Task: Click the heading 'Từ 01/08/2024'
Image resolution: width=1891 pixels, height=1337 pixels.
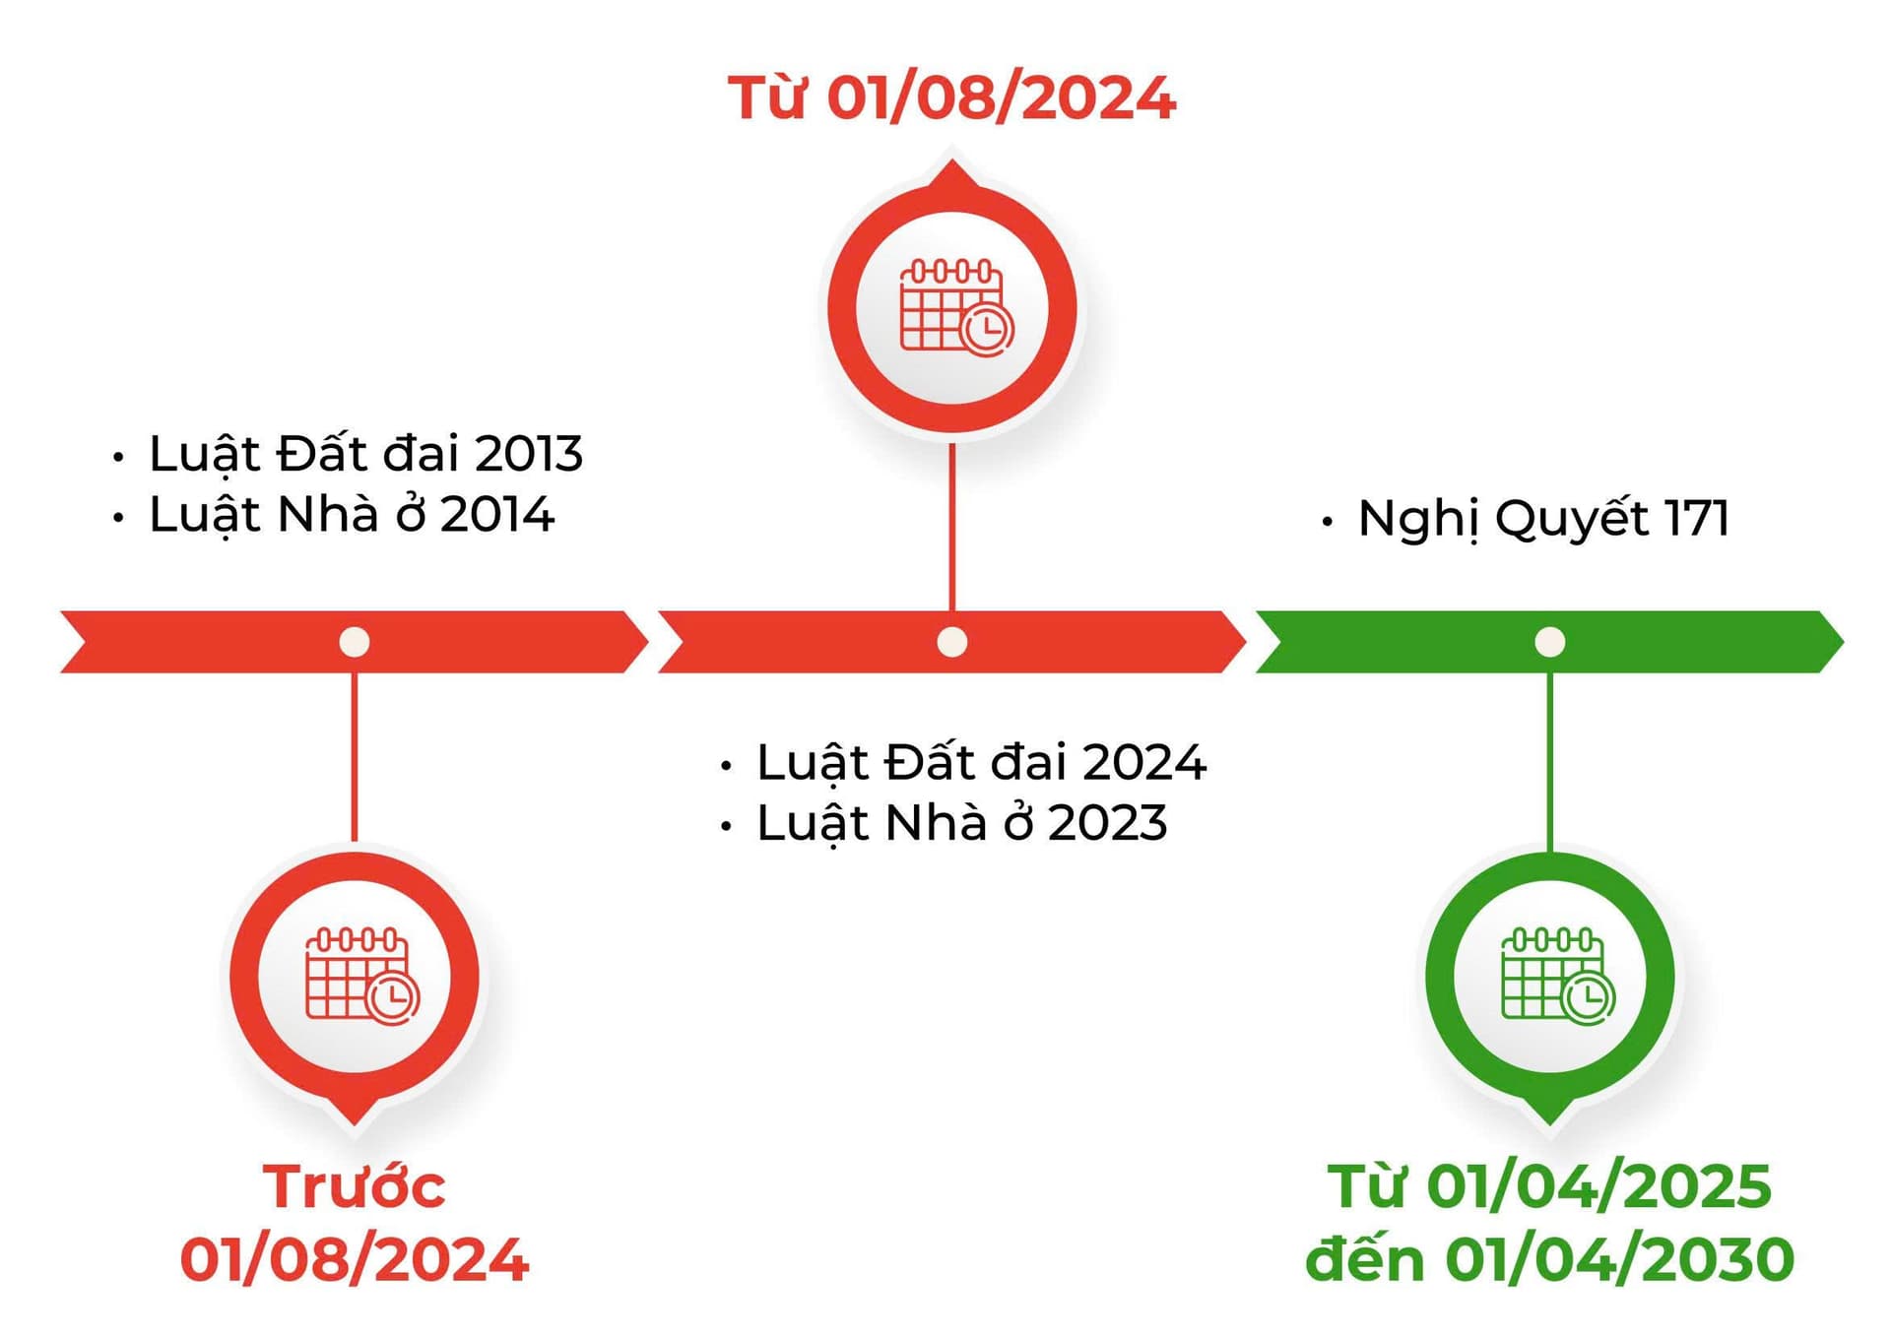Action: tap(951, 98)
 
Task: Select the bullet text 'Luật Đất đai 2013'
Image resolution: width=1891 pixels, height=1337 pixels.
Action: tap(365, 454)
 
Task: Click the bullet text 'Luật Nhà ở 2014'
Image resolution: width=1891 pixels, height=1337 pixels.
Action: tap(352, 515)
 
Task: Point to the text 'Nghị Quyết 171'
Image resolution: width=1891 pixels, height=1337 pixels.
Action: tap(1542, 519)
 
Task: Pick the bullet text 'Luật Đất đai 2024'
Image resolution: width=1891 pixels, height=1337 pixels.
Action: tap(981, 763)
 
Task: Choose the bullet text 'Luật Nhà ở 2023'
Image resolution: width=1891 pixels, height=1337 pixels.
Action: tap(961, 823)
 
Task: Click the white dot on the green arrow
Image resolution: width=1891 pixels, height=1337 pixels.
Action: tap(1549, 642)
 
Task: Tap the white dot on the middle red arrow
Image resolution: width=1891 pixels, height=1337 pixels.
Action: tap(951, 642)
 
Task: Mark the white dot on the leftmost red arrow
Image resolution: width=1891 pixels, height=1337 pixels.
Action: tap(355, 642)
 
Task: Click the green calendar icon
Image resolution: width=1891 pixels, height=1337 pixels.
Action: tap(1557, 975)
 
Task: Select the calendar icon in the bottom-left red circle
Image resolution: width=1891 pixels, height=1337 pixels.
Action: tap(361, 975)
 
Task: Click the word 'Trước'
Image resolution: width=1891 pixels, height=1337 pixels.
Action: tap(355, 1186)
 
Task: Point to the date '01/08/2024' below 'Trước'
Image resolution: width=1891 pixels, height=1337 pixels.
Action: tap(355, 1260)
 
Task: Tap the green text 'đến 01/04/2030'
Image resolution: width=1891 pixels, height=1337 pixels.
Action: tap(1549, 1260)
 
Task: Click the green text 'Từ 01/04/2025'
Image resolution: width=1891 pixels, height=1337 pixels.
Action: tap(1549, 1186)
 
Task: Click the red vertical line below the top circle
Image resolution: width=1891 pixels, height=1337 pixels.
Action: tap(951, 527)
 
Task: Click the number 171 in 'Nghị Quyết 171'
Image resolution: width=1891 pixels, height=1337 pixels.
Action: tap(1696, 518)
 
